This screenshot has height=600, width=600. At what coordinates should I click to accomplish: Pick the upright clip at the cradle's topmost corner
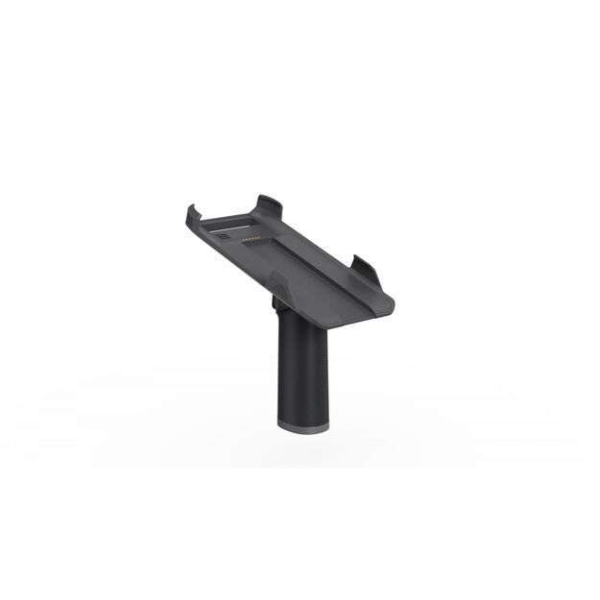[x=269, y=205]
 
